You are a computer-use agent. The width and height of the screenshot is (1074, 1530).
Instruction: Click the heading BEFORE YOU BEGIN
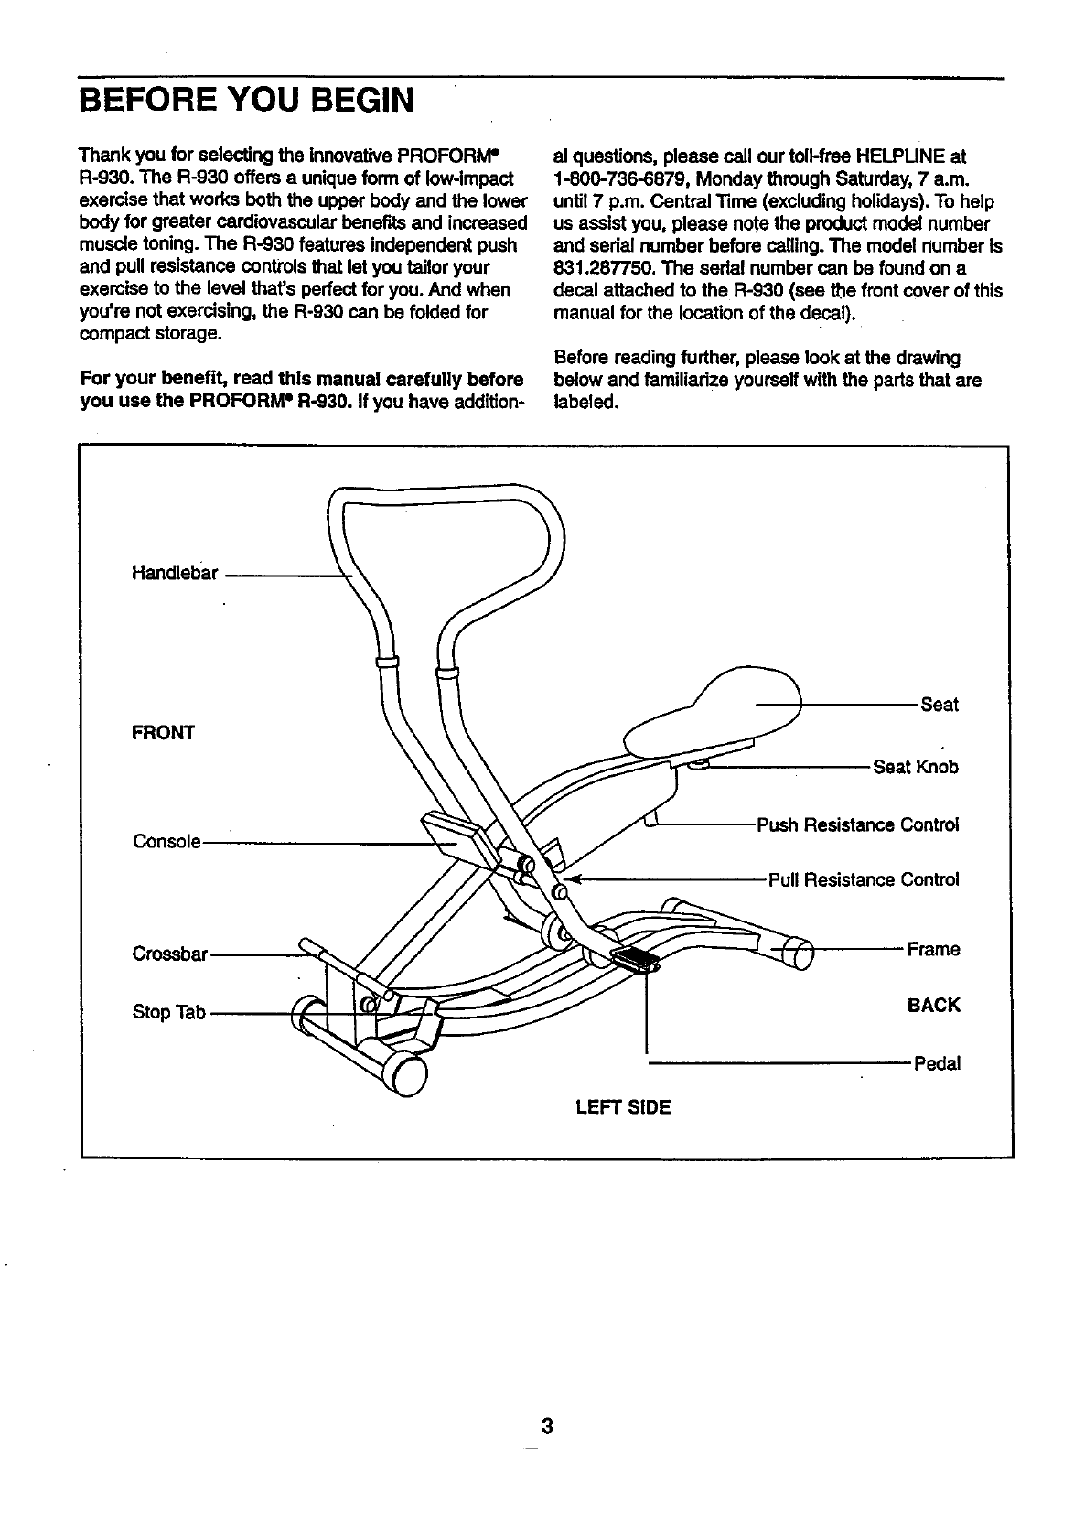247,98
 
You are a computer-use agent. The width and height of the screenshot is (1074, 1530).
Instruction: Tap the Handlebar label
176,574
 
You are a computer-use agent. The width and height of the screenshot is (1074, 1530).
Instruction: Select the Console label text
166,841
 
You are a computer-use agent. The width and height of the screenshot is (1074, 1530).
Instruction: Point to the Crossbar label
171,954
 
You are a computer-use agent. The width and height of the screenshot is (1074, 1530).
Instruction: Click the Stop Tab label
169,1013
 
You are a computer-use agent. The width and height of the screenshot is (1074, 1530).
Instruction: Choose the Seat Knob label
916,767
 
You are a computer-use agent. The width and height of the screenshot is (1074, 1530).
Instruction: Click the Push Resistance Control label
857,824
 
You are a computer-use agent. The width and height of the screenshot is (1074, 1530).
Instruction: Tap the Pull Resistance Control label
863,880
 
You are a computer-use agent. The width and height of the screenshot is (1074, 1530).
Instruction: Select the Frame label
933,949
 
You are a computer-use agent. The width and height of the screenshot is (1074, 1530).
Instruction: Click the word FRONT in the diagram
164,733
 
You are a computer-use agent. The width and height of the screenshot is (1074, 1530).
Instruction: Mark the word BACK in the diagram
933,1006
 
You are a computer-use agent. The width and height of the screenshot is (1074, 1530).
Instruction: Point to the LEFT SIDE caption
623,1108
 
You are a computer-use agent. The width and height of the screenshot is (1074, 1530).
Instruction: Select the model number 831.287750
604,268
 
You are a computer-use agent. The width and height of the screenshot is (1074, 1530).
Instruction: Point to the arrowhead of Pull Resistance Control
574,879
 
